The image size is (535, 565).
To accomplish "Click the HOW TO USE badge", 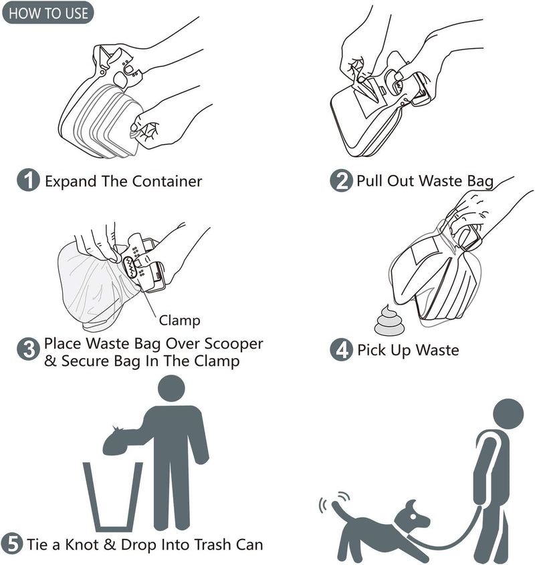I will click(x=48, y=13).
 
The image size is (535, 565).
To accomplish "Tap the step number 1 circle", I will click(x=28, y=180).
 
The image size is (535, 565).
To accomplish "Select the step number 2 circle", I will click(x=342, y=180).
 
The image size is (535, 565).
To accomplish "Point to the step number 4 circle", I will click(x=342, y=350).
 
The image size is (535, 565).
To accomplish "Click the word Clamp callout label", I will click(x=179, y=321).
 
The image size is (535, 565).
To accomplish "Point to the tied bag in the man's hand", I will click(x=116, y=441).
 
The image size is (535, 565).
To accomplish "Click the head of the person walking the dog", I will click(x=509, y=414).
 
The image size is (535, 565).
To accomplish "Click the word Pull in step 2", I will click(x=370, y=181).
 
